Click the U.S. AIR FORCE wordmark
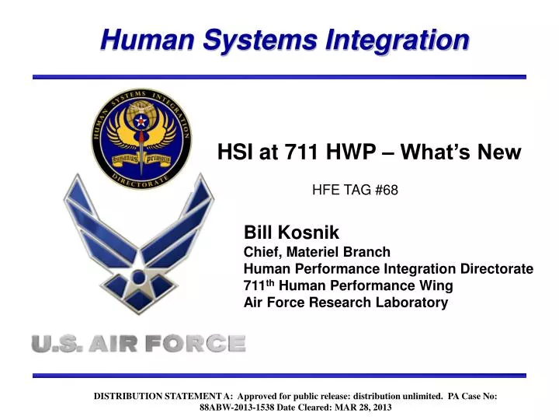(138, 343)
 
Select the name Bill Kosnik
(292, 233)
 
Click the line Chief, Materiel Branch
(317, 251)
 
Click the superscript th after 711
(270, 282)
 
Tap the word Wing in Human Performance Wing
(436, 285)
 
